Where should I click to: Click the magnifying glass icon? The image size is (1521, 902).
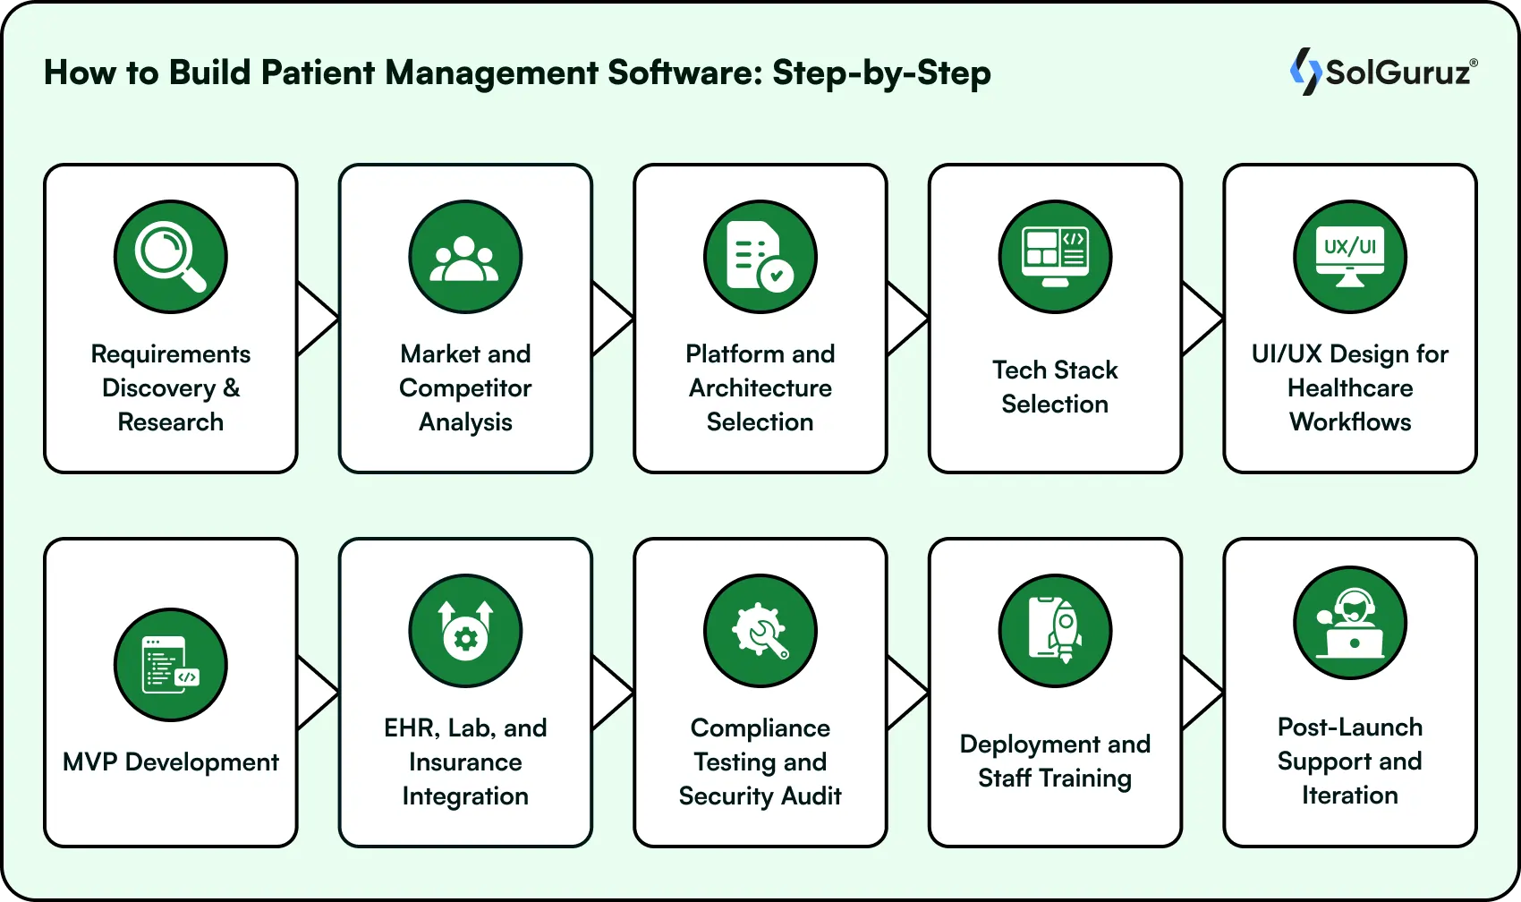pyautogui.click(x=170, y=257)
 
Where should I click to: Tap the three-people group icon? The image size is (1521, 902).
pyautogui.click(x=465, y=257)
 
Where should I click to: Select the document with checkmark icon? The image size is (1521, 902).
pyautogui.click(x=760, y=257)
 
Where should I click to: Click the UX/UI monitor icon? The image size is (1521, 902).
pyautogui.click(x=1350, y=257)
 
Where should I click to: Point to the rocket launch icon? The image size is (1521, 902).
pyautogui.click(x=1055, y=631)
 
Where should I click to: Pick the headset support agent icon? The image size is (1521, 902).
pyautogui.click(x=1350, y=623)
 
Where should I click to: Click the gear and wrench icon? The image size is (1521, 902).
pyautogui.click(x=760, y=631)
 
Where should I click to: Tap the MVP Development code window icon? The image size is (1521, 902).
pyautogui.click(x=170, y=665)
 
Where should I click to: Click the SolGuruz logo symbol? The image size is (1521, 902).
pyautogui.click(x=1304, y=72)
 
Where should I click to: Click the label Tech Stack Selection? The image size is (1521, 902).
pyautogui.click(x=1055, y=387)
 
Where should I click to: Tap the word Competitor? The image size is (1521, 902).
pyautogui.click(x=465, y=387)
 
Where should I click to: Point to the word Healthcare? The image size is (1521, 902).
pyautogui.click(x=1350, y=387)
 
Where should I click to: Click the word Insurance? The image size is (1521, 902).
pyautogui.click(x=465, y=762)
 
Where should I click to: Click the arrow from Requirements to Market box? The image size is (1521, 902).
pyautogui.click(x=317, y=318)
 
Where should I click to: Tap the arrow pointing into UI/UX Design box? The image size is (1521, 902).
pyautogui.click(x=1202, y=318)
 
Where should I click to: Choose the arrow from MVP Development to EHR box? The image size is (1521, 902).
pyautogui.click(x=317, y=692)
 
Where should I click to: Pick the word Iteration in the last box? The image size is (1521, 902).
pyautogui.click(x=1350, y=795)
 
